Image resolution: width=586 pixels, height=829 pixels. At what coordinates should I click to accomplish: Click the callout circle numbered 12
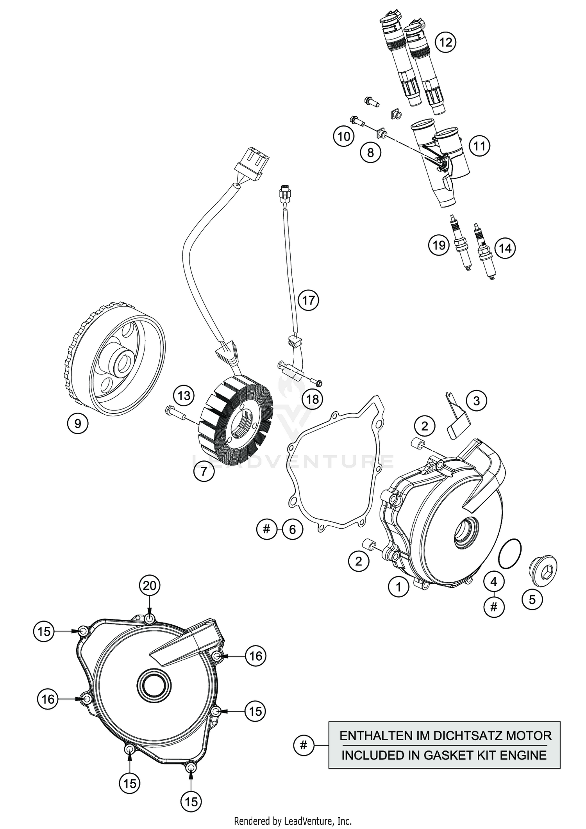[x=445, y=41]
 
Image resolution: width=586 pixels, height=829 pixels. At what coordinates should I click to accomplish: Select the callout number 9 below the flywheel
[x=77, y=423]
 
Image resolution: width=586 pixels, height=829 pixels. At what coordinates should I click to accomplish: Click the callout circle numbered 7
[x=204, y=472]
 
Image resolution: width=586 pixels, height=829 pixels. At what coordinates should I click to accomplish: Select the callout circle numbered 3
[x=476, y=401]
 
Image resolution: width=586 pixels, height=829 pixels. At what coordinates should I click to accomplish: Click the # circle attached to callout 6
[x=267, y=529]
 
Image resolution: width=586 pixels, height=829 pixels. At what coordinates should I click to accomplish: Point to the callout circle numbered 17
[x=308, y=300]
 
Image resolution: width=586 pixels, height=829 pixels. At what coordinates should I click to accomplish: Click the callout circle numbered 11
[x=479, y=146]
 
